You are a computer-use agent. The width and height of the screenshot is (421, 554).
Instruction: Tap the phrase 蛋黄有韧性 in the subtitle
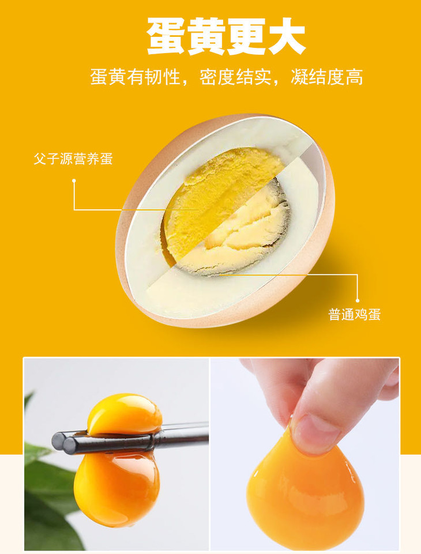[x=136, y=77]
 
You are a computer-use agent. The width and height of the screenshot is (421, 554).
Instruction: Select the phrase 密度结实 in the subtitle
[x=236, y=77]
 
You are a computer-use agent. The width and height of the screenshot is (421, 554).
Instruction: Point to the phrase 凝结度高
[x=327, y=77]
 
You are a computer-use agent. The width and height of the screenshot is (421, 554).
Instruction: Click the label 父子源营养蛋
[x=73, y=159]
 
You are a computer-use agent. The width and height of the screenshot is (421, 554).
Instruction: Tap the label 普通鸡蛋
[x=355, y=314]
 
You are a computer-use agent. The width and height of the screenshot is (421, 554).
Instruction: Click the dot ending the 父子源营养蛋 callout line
[x=74, y=181]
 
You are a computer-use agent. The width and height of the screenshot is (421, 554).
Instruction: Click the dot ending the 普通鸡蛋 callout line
[x=358, y=300]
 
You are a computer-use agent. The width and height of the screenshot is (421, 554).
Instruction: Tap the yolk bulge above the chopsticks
[x=125, y=414]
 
